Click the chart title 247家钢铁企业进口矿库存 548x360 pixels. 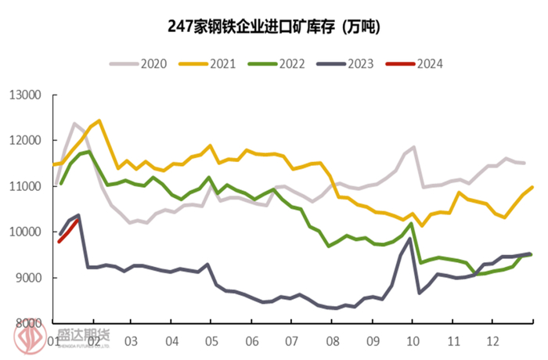[x=274, y=27]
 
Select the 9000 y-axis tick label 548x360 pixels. [x=27, y=278]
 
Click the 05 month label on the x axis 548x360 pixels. [x=211, y=341]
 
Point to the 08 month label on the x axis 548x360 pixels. [x=332, y=341]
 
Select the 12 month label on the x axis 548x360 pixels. [x=492, y=341]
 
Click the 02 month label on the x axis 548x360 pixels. [x=92, y=341]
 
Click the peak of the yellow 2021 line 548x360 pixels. [x=99, y=121]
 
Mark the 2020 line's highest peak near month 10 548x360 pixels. [x=413, y=146]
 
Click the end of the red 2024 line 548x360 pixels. [x=77, y=218]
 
